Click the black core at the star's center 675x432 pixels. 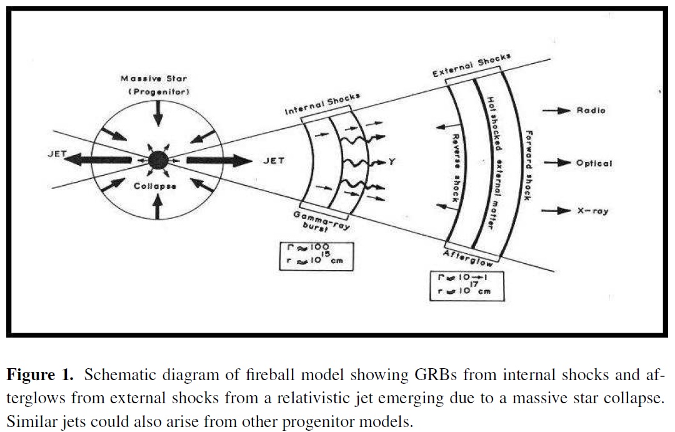[x=158, y=161]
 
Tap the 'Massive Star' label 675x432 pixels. [x=154, y=79]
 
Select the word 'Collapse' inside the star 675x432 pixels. [x=155, y=186]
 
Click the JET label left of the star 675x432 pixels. [x=57, y=154]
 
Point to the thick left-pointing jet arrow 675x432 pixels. [x=97, y=160]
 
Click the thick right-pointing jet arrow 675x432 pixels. [x=219, y=161]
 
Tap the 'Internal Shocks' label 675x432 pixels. [x=322, y=104]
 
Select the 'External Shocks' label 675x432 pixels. [x=472, y=66]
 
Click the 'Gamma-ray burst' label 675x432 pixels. [x=321, y=221]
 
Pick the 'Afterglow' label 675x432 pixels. [x=468, y=258]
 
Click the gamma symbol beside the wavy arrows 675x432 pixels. [x=391, y=162]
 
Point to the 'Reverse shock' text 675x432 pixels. [x=456, y=168]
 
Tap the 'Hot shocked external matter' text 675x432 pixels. [x=494, y=163]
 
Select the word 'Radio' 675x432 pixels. [x=591, y=111]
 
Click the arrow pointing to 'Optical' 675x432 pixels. [x=557, y=163]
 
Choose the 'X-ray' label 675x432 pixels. [x=592, y=211]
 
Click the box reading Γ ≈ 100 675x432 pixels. [x=316, y=257]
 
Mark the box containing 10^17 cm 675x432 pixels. [x=467, y=286]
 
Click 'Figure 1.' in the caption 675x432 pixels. [x=40, y=374]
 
